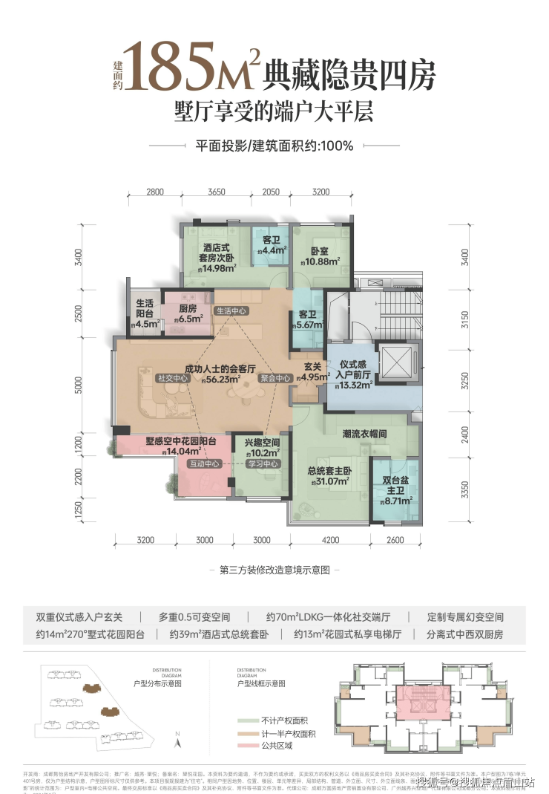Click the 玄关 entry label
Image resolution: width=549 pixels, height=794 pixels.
[312, 365]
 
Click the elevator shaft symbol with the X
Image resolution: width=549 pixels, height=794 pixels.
[394, 364]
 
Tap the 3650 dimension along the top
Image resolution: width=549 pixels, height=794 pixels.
[216, 192]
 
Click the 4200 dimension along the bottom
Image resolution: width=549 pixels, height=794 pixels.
[331, 540]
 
